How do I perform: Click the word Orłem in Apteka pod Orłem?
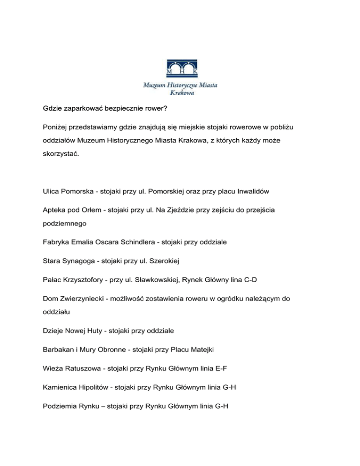110,211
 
